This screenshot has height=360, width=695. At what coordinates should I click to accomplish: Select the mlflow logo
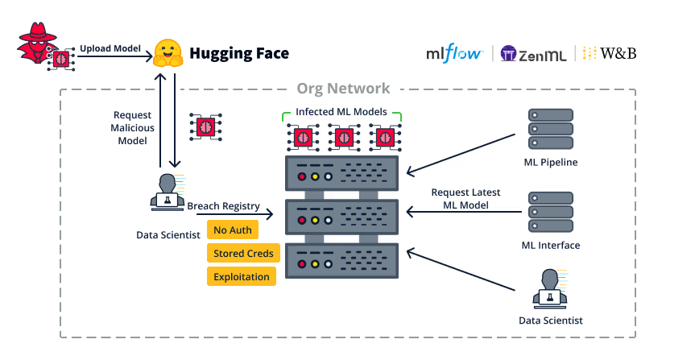[455, 53]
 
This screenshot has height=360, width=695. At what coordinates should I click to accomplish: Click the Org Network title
[343, 89]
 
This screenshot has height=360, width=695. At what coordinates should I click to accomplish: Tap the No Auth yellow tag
[233, 230]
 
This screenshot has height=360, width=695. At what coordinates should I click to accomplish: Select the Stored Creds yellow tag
[243, 254]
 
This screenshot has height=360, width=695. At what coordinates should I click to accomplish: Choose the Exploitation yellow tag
[242, 276]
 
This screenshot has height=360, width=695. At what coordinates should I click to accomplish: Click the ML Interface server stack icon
[550, 213]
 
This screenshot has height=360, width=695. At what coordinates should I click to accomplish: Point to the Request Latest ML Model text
[465, 199]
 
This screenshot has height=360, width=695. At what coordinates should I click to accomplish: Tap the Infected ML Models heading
[341, 111]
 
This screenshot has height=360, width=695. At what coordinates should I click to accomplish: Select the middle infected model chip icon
[342, 137]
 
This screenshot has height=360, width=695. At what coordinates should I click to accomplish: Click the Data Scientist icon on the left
[168, 192]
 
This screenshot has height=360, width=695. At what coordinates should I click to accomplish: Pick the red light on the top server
[302, 176]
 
